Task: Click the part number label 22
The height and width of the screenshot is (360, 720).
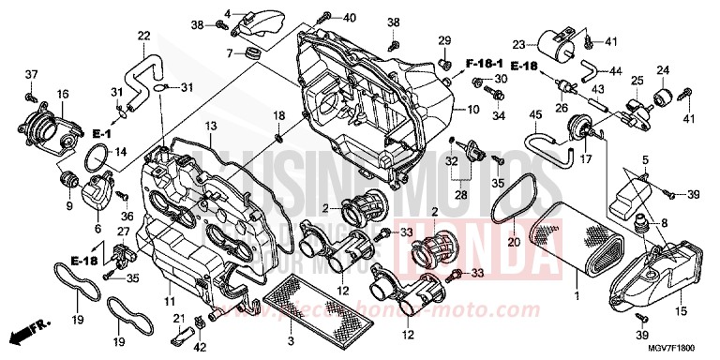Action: pyautogui.click(x=143, y=36)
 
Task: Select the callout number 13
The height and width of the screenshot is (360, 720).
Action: pyautogui.click(x=211, y=126)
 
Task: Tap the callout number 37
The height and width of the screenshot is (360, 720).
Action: pyautogui.click(x=30, y=74)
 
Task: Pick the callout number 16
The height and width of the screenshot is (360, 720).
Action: pyautogui.click(x=63, y=94)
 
